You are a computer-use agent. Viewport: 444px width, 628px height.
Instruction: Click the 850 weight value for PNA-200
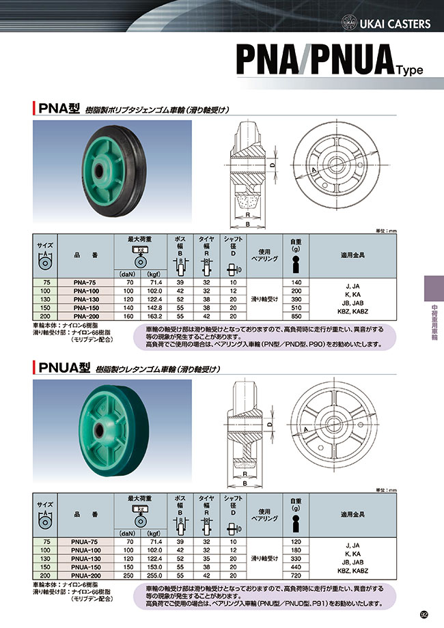point(296,317)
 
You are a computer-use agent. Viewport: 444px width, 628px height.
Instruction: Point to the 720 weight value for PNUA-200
point(296,575)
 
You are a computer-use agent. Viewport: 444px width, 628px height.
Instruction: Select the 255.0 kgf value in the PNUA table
point(154,575)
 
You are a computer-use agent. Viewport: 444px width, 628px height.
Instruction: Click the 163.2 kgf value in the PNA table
point(154,317)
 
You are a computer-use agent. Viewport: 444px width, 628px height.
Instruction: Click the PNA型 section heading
point(59,107)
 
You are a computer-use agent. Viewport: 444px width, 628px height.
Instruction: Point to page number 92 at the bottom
point(424,614)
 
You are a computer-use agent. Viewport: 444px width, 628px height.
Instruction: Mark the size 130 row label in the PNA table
point(45,299)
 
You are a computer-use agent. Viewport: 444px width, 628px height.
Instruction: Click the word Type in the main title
point(408,69)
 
